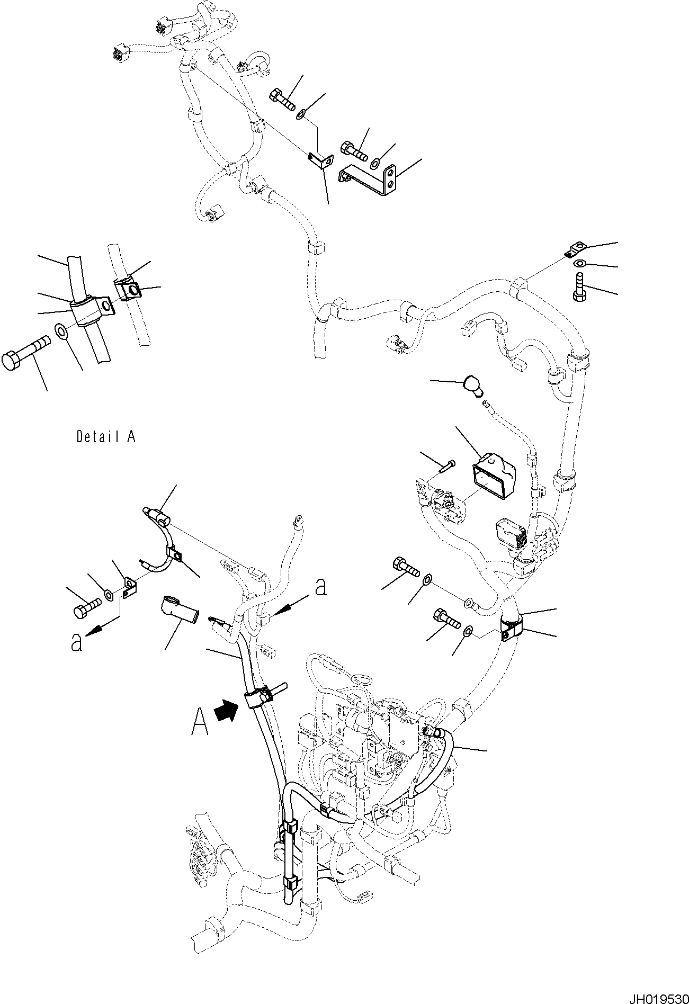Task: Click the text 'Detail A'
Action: coord(106,437)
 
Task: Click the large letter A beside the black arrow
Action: coord(200,723)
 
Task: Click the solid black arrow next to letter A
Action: coord(226,710)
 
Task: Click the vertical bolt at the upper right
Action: coord(579,286)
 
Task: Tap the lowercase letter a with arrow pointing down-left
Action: coord(77,642)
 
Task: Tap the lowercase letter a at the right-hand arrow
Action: coord(320,586)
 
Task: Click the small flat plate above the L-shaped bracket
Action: coord(320,160)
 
